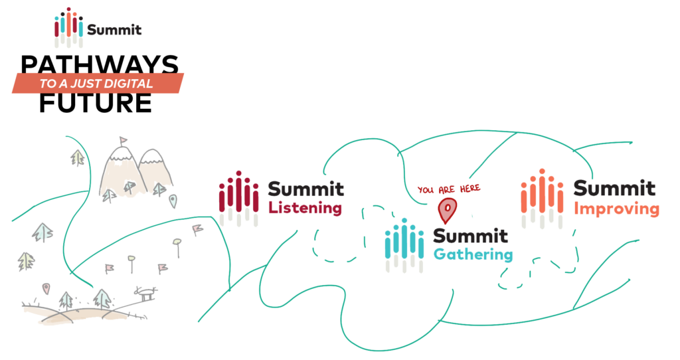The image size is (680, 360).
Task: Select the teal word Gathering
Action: click(472, 255)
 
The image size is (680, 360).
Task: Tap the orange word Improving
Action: click(616, 209)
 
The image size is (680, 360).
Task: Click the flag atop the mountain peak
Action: click(123, 140)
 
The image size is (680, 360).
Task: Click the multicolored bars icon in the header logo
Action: click(69, 29)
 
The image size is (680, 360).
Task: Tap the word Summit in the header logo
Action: click(114, 30)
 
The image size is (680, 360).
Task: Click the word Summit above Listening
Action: click(306, 189)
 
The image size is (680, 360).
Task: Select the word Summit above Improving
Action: click(614, 189)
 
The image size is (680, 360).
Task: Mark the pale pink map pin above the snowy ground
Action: click(45, 288)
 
